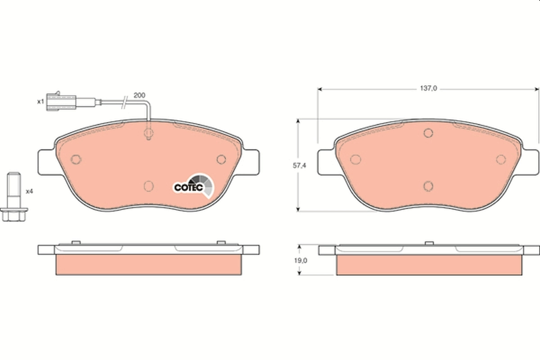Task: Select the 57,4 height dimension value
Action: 300,166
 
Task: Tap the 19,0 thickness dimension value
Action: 300,260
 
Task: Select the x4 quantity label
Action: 30,191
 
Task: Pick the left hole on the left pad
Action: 76,159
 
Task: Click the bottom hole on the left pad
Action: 148,186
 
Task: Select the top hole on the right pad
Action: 428,133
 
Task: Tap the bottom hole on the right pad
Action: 428,186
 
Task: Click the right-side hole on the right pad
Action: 501,159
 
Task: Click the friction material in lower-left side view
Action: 148,265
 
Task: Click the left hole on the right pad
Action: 356,159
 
